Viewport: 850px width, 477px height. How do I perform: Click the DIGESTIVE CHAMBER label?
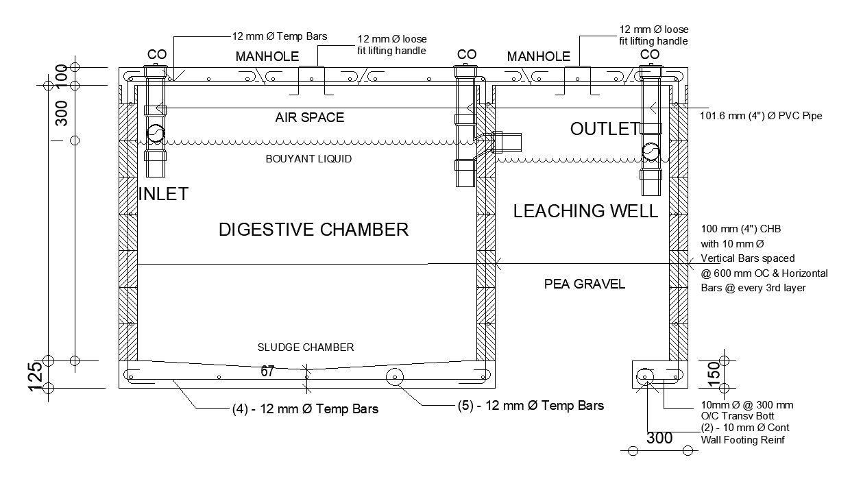313,230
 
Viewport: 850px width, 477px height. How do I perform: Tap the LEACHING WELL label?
585,211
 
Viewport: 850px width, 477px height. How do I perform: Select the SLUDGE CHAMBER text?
306,347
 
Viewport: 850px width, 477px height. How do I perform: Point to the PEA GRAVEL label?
585,284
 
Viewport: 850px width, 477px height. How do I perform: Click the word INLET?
163,194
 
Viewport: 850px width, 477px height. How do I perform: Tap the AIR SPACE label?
310,118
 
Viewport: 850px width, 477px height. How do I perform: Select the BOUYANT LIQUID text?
308,159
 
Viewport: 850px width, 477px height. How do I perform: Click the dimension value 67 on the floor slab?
267,371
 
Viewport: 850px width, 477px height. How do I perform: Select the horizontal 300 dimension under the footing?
659,438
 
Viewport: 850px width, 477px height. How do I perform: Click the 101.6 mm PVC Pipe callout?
761,116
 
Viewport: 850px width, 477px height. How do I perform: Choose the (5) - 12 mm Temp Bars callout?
531,406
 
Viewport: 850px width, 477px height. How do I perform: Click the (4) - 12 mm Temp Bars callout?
306,409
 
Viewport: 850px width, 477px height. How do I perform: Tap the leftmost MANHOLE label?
267,56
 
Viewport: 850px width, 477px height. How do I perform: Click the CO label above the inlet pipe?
157,54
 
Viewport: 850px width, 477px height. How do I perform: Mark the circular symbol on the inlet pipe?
154,134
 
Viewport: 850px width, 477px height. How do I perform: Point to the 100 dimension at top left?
61,75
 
